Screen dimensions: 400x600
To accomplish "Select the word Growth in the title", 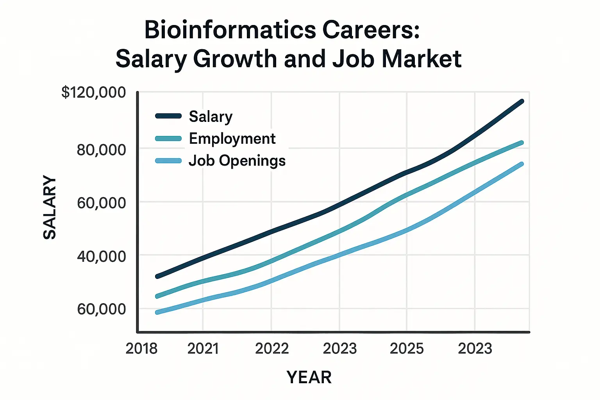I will pos(235,59).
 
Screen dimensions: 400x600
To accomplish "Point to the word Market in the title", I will pos(421,59).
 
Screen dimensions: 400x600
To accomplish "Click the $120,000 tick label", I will pos(94,93).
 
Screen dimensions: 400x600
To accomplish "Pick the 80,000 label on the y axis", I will pos(101,150).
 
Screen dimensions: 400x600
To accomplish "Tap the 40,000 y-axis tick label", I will pos(101,256).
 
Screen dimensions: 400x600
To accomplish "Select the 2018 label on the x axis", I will pos(141,348).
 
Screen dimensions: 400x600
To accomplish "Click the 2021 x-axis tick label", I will pos(203,348).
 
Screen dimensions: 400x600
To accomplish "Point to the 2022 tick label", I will pos(271,348).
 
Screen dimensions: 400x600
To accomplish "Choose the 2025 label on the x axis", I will pos(407,348).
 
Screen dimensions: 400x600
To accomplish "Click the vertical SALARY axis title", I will pos(50,207).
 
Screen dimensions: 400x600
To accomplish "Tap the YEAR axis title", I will pos(309,377).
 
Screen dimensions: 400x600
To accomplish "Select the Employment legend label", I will pos(232,139).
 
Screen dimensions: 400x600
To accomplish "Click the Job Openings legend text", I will pos(237,161).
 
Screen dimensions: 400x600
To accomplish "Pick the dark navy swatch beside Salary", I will pos(168,116).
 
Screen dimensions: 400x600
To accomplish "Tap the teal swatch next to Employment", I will pos(168,138).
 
